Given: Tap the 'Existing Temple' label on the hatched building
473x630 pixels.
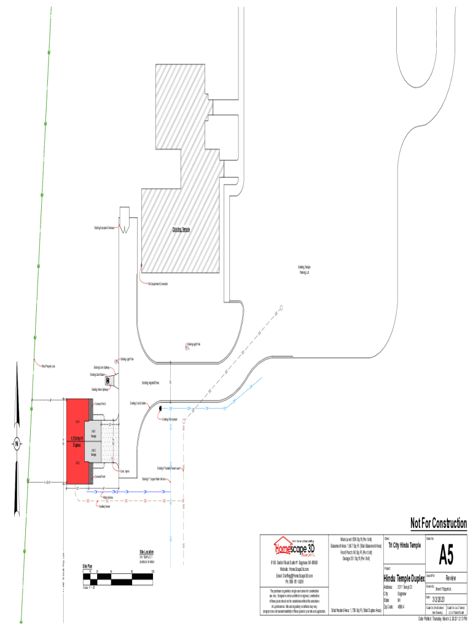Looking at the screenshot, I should [181, 229].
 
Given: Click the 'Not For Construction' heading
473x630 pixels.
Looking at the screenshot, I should [439, 524].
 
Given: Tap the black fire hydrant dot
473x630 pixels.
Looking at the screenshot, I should [160, 408].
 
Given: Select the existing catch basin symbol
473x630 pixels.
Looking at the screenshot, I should [107, 381].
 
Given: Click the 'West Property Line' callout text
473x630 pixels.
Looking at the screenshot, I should [49, 365].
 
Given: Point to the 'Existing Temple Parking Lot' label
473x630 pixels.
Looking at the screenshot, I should [305, 269].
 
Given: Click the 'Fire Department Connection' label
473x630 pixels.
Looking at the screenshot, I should [158, 283].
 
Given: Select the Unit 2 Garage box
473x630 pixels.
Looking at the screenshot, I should [93, 452].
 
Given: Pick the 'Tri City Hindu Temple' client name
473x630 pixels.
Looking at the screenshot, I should [405, 546].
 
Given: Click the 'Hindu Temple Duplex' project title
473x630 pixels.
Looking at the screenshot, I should [404, 579].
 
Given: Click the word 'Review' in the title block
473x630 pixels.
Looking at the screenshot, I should [451, 578].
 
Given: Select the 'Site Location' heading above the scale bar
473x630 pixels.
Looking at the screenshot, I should [146, 552].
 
